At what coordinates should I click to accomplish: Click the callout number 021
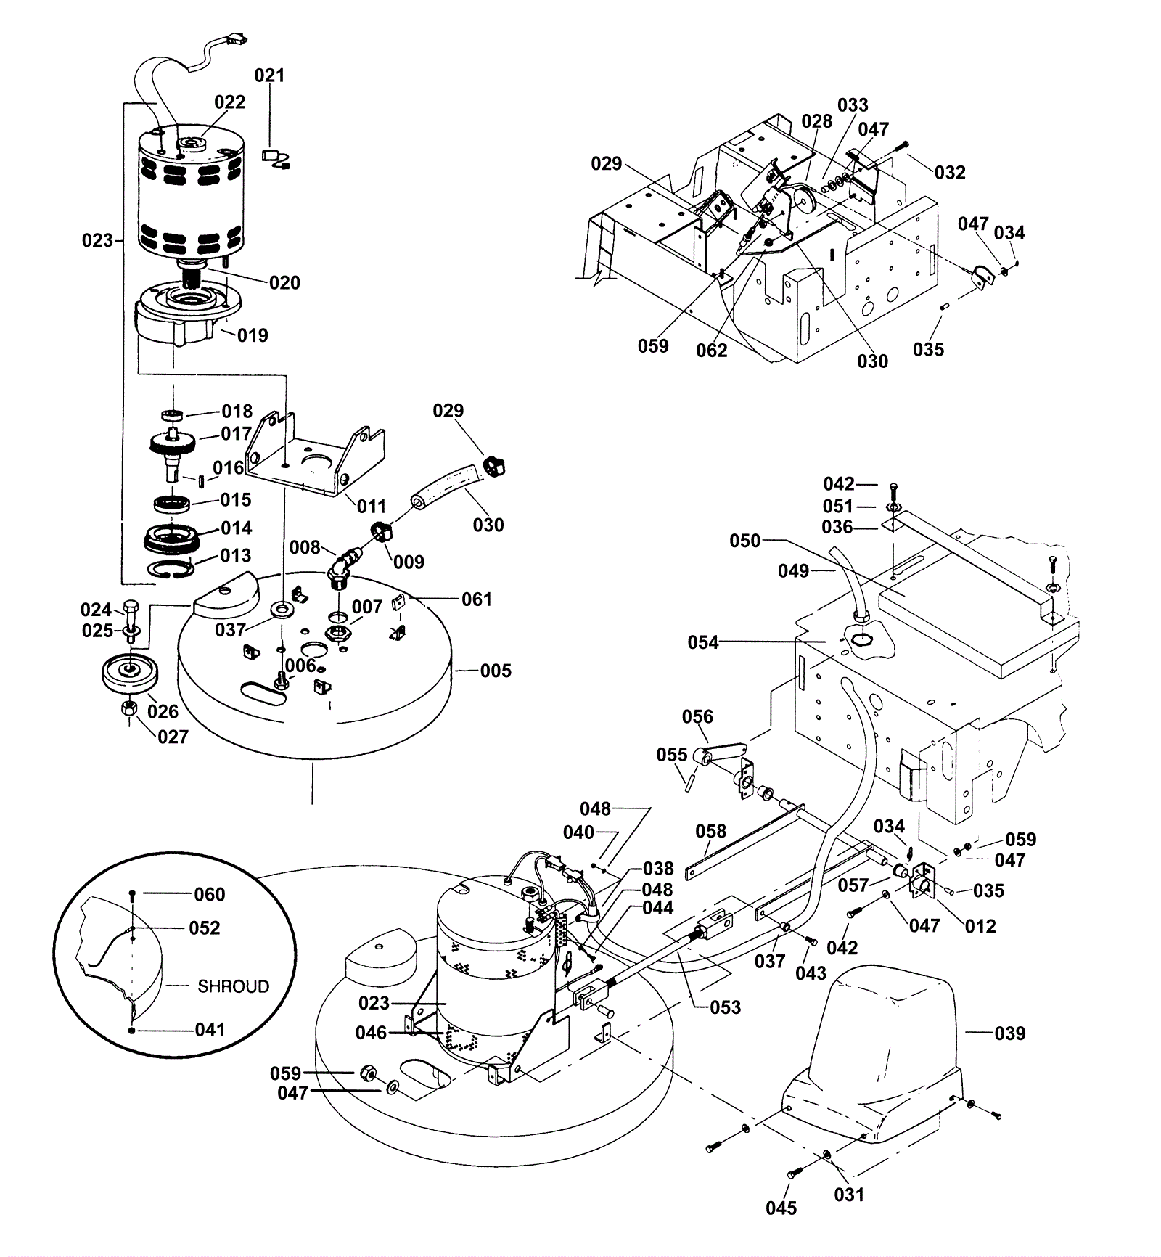click(269, 75)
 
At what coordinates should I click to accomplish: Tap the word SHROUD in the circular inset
click(233, 986)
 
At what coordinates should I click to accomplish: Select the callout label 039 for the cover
click(1009, 1033)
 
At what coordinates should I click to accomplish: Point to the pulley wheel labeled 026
click(130, 673)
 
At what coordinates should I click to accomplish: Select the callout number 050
click(744, 541)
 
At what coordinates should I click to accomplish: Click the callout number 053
click(725, 1007)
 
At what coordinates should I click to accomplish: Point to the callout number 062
click(711, 351)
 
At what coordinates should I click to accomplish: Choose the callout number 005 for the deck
click(496, 671)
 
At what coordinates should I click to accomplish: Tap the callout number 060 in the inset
click(209, 894)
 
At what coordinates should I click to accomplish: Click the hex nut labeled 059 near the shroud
click(367, 1073)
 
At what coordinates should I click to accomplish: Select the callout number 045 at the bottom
click(781, 1208)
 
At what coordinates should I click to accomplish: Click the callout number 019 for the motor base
click(253, 335)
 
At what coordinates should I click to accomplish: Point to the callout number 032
click(950, 173)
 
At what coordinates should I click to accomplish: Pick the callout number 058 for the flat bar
click(710, 831)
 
